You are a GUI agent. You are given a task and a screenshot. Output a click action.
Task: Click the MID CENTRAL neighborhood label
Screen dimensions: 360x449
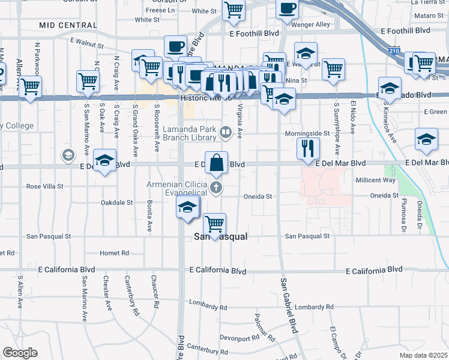click(68, 25)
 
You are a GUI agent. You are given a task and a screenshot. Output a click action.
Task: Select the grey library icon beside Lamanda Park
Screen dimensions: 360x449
click(226, 131)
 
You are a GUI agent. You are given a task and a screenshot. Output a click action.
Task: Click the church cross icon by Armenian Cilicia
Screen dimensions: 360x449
click(217, 188)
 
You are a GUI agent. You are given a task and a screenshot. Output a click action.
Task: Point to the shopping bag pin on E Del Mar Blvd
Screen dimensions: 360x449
click(217, 162)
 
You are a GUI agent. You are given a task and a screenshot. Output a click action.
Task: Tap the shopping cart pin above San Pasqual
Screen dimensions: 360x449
click(214, 224)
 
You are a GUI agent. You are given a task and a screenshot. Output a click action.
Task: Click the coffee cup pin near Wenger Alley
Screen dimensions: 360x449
click(287, 9)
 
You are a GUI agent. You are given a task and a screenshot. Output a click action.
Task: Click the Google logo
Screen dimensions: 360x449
click(20, 353)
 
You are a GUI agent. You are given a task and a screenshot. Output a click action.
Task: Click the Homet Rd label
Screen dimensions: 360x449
click(115, 253)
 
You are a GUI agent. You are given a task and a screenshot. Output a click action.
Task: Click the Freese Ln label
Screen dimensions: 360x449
click(160, 10)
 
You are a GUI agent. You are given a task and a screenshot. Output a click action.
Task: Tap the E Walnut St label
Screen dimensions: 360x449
click(87, 43)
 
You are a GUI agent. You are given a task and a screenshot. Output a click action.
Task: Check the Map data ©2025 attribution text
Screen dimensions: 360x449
click(423, 355)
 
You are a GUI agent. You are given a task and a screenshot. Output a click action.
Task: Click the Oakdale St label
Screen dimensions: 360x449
click(117, 203)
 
